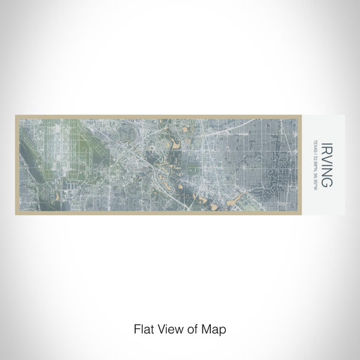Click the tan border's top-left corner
(15, 116)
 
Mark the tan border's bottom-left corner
(15, 214)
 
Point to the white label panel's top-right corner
(345, 116)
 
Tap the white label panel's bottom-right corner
(345, 214)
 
